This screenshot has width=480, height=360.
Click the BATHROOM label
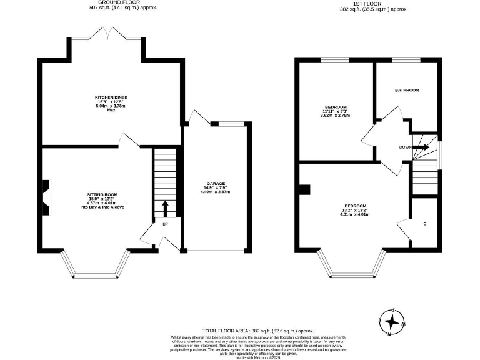coord(406,90)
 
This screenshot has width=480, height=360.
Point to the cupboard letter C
coord(424,223)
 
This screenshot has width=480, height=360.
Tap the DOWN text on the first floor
coord(405,147)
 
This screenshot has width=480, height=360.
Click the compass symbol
coord(392,322)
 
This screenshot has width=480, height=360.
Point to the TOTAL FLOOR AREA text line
coord(257,330)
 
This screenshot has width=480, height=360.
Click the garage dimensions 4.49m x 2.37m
coord(215,192)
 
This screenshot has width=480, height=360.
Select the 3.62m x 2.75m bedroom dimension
coord(336,116)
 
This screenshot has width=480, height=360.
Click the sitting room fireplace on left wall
coord(46,194)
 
